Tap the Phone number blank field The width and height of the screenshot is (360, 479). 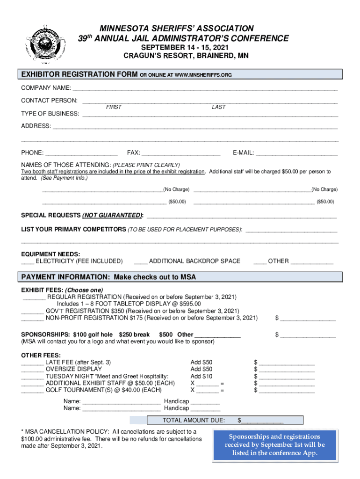(x=82, y=153)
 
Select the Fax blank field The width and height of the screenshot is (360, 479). (x=180, y=153)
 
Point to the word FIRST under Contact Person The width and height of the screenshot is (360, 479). (x=114, y=107)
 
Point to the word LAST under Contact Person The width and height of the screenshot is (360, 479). (x=218, y=107)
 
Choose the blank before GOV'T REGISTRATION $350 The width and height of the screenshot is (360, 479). (x=33, y=311)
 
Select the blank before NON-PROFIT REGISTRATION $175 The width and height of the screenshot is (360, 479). (x=33, y=318)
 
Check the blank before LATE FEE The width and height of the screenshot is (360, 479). (x=33, y=363)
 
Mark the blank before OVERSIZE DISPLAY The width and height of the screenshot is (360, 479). (x=33, y=370)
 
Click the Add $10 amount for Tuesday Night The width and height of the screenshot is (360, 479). (x=202, y=377)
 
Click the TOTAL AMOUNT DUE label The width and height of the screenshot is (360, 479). (x=193, y=420)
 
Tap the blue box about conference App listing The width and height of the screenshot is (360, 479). (x=274, y=444)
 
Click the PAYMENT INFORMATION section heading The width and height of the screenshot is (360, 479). (x=108, y=277)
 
